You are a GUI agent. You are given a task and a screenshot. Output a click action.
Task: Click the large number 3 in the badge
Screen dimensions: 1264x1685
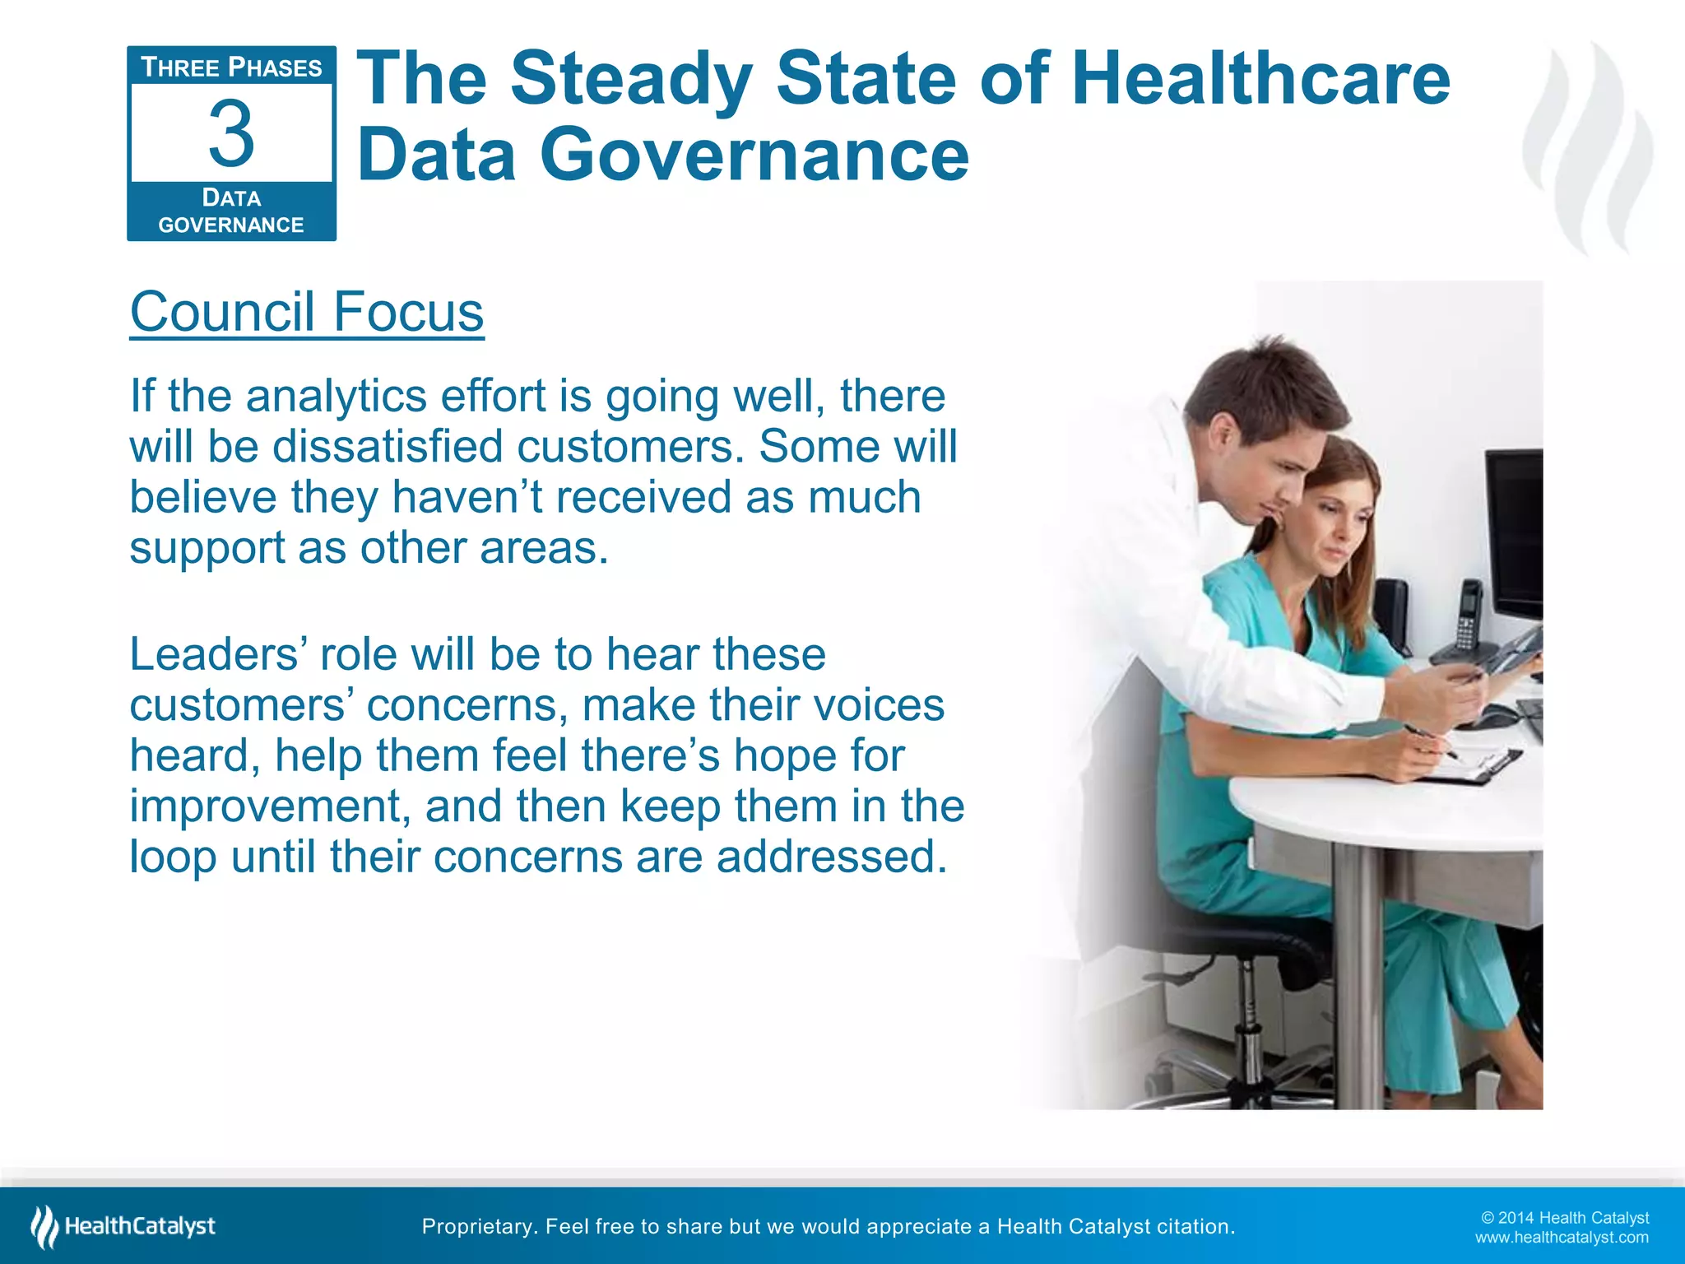tap(231, 133)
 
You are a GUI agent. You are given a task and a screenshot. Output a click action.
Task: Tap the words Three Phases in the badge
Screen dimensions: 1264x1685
tap(231, 67)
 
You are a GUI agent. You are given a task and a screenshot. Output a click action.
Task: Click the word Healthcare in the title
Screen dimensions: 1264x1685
tap(1260, 79)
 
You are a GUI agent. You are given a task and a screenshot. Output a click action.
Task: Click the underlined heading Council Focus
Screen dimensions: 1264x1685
tap(307, 312)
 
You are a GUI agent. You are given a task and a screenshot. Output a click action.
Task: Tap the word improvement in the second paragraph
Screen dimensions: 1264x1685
tap(270, 806)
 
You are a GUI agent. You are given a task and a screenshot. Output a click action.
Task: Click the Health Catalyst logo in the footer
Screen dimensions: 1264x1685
tap(123, 1226)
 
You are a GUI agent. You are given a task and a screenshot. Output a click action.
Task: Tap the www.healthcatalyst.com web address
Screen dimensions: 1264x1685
tap(1561, 1238)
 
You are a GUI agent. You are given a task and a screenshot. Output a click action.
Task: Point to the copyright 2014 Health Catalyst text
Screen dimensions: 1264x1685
tap(1564, 1218)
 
